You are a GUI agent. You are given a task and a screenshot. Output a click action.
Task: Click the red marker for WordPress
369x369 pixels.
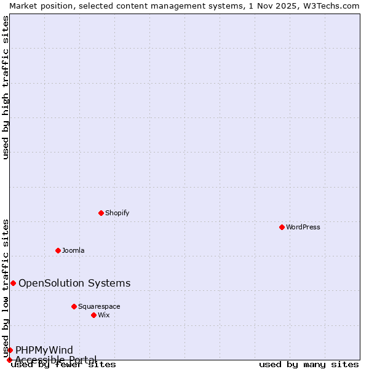pos(282,227)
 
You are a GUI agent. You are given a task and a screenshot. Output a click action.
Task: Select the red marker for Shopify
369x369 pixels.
pos(101,213)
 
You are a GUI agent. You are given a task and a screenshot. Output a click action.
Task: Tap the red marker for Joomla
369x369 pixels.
pos(58,250)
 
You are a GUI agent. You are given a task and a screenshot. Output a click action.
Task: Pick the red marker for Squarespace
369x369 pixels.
pos(74,306)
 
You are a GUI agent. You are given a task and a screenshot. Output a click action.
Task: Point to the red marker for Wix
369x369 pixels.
pos(93,315)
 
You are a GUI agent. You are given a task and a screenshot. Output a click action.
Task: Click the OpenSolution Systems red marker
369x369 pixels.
pos(13,283)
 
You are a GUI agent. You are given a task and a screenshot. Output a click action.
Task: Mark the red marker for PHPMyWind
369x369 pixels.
pos(10,350)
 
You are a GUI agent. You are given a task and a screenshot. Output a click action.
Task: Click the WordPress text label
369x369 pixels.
pos(303,227)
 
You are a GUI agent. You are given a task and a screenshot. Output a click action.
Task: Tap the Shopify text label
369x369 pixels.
pos(117,213)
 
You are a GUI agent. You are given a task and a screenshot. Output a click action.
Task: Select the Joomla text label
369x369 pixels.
pos(73,250)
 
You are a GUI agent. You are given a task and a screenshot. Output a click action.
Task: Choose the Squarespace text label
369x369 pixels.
pos(99,306)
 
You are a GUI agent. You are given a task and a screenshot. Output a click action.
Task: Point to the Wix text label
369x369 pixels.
pos(103,315)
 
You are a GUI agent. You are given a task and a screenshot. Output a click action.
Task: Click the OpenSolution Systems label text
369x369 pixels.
pos(74,283)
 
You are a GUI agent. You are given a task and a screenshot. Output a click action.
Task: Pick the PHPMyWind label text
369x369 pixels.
pos(44,350)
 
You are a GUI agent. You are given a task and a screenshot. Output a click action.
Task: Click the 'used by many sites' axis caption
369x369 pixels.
pos(309,365)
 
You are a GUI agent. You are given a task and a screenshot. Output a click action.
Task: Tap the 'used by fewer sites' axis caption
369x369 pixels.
pos(63,365)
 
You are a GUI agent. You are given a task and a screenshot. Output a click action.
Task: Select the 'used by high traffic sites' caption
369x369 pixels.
pos(6,87)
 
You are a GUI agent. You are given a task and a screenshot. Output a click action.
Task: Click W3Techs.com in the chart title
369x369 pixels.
pos(330,6)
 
